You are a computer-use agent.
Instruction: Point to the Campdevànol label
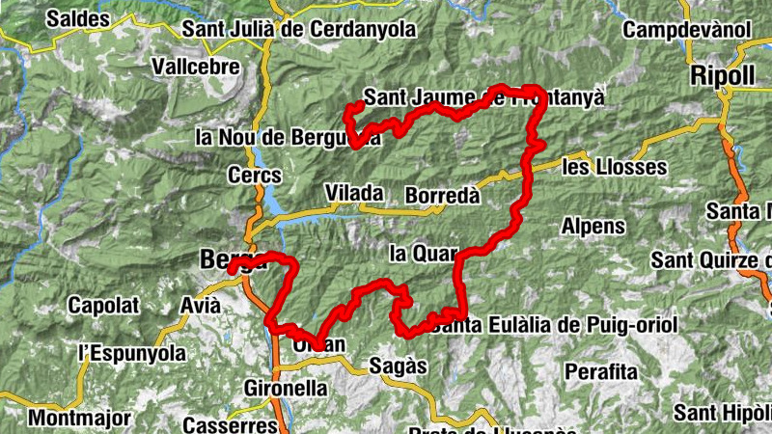(x=686, y=29)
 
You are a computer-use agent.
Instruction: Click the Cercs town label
(x=255, y=176)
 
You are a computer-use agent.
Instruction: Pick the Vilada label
(x=353, y=193)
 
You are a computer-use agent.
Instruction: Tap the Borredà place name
(x=442, y=195)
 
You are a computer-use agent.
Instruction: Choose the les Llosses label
(x=614, y=167)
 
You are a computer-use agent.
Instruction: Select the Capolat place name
(x=103, y=306)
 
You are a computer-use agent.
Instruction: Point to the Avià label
(x=200, y=306)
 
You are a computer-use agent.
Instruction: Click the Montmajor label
(x=71, y=419)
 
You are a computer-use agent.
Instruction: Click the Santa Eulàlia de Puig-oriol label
(x=555, y=323)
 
